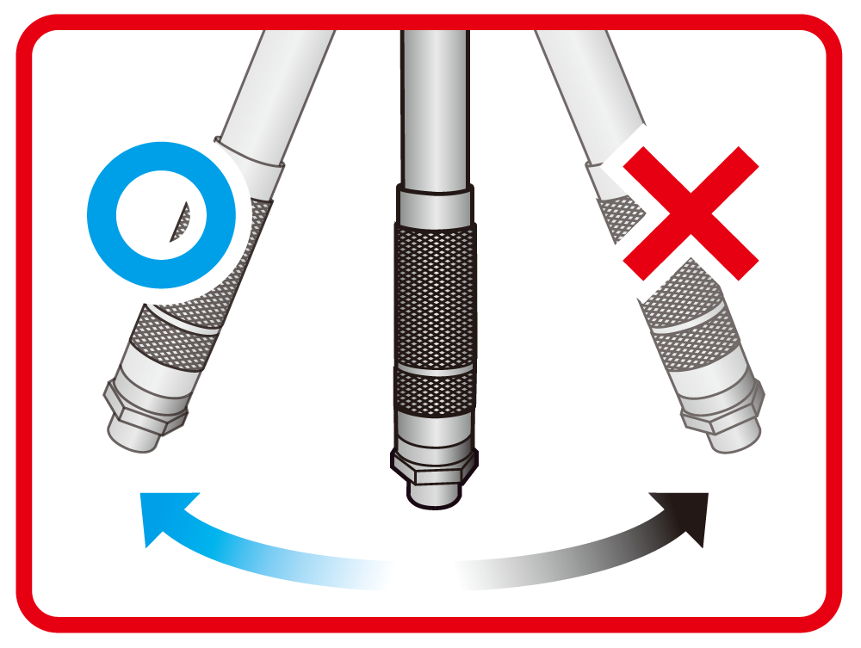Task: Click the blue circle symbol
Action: tap(102, 215)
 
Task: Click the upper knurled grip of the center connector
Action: tap(433, 293)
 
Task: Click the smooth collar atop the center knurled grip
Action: tap(435, 205)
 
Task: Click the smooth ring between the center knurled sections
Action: tap(433, 367)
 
